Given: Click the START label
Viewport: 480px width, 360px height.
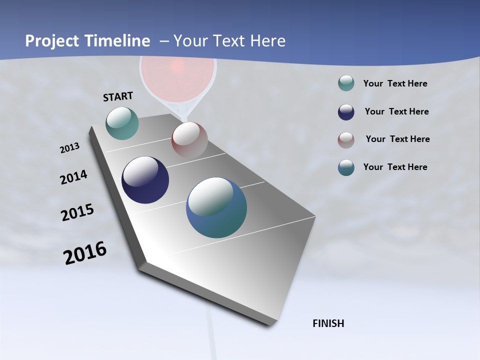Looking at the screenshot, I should (118, 96).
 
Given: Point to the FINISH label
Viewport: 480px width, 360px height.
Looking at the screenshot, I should (328, 323).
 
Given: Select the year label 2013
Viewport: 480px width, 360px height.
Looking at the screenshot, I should (70, 148).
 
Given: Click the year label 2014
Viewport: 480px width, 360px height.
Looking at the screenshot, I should (73, 177).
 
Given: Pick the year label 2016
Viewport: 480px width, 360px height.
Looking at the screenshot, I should (85, 253).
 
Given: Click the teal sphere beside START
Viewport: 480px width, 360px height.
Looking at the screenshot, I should (122, 123).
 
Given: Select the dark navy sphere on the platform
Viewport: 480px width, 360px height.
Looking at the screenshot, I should (145, 180).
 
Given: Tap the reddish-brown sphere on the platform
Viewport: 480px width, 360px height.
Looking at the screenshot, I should (189, 140).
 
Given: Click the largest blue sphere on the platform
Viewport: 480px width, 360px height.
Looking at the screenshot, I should (216, 207).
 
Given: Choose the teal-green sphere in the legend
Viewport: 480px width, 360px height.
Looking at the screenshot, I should (346, 83).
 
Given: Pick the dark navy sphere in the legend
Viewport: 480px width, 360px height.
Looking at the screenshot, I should (346, 112).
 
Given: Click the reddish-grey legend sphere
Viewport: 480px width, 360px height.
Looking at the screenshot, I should (346, 139).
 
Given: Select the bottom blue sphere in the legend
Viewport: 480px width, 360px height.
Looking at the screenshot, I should (346, 167).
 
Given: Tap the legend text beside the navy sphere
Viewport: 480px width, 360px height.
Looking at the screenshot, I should (396, 111).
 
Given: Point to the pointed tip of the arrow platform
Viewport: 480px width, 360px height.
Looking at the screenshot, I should (270, 324).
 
